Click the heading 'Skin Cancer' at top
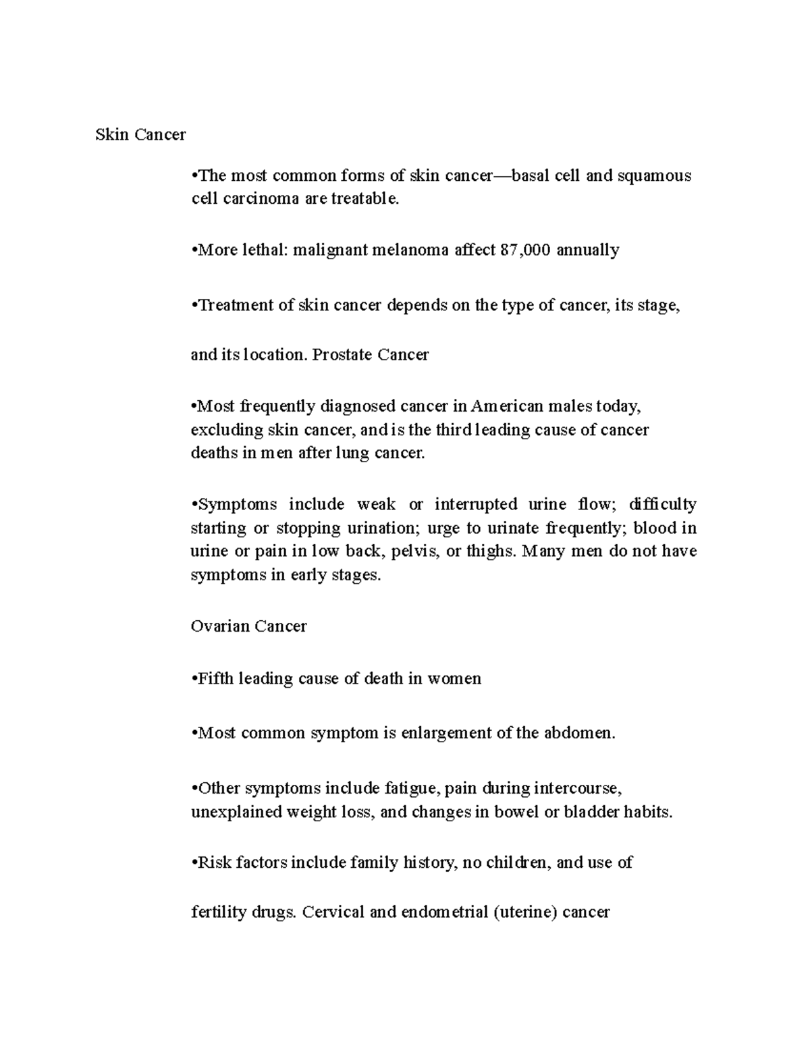click(x=140, y=135)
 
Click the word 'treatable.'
click(x=366, y=199)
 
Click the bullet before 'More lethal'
click(x=194, y=250)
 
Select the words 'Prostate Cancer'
click(x=370, y=355)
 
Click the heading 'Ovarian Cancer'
click(x=248, y=626)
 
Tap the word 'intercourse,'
click(x=577, y=788)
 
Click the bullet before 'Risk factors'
click(x=194, y=862)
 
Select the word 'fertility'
click(x=219, y=913)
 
